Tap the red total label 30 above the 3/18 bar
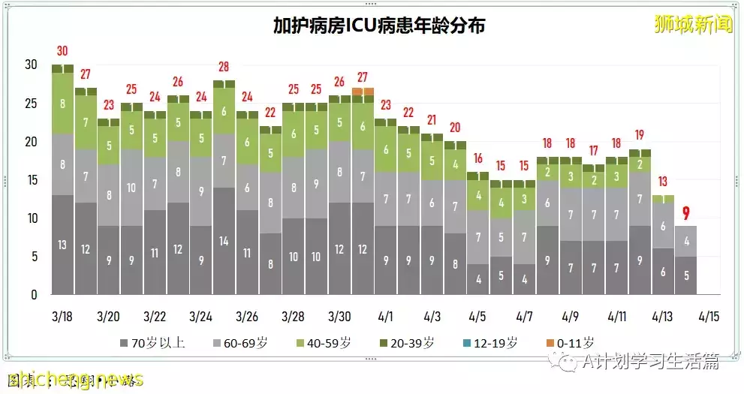coord(62,52)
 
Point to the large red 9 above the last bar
coord(685,213)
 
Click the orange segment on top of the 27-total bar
coord(363,92)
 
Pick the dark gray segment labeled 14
coord(224,241)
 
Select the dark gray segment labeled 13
coord(62,245)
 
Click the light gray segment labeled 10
coord(131,188)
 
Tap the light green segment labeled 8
coord(62,104)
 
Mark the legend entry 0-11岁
coord(574,344)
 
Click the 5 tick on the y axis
coord(31,257)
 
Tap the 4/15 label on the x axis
coord(708,316)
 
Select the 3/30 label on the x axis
coord(339,316)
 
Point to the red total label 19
coord(640,135)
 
